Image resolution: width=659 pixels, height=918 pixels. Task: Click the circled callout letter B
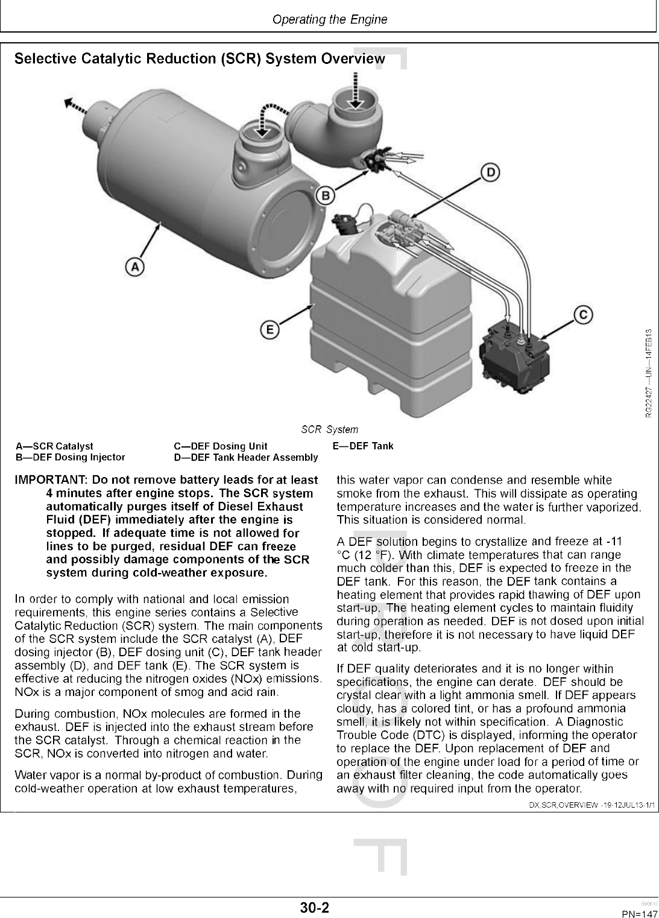tap(326, 195)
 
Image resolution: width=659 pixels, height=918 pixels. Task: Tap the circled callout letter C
tap(583, 315)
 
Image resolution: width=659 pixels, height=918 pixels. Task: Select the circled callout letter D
tap(491, 173)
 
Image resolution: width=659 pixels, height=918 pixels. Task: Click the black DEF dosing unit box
tap(516, 356)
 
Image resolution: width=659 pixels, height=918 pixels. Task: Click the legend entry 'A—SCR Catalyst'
tap(54, 446)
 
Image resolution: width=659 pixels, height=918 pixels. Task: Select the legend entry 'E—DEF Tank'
tap(363, 446)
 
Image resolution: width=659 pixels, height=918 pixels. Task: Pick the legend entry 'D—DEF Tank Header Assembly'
tap(246, 457)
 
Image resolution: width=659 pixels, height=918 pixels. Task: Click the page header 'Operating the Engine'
tap(330, 19)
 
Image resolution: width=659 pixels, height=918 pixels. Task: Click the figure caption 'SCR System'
tap(330, 429)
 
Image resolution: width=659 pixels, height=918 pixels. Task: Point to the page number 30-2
tap(315, 907)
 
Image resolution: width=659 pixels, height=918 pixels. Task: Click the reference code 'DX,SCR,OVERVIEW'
tap(564, 805)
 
